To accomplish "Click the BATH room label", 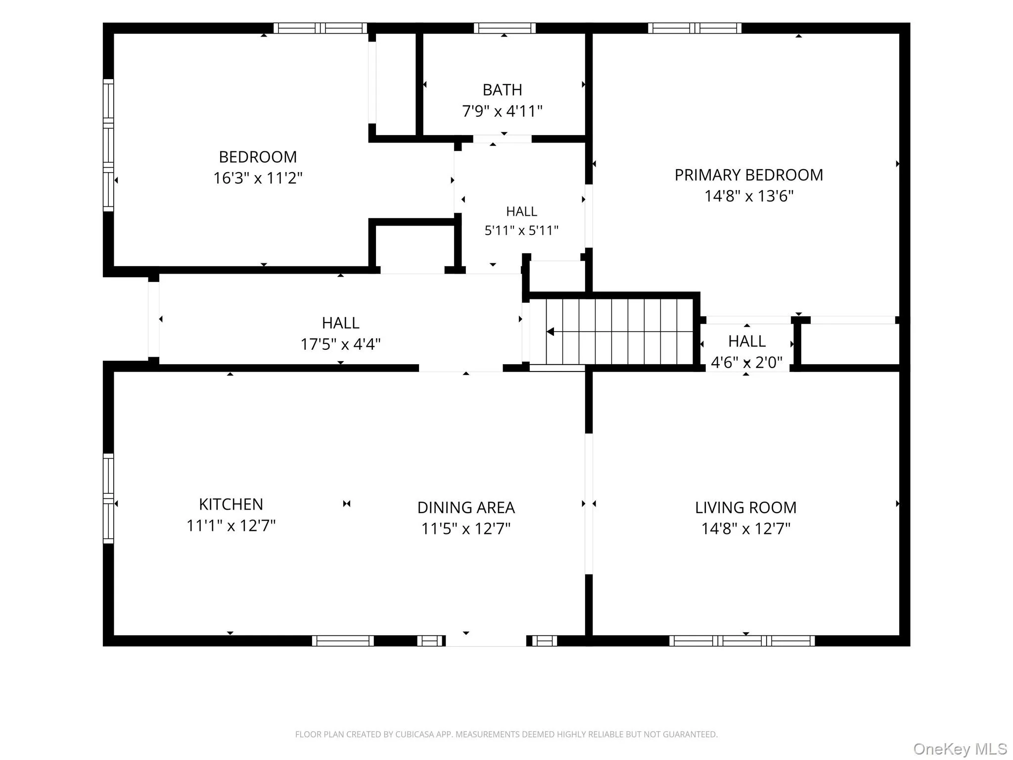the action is click(502, 90).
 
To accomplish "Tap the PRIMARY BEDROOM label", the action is click(749, 175).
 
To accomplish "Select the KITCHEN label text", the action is click(231, 504).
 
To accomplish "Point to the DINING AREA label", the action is click(466, 508).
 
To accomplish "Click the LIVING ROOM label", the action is click(746, 508).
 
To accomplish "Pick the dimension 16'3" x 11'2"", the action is click(258, 178).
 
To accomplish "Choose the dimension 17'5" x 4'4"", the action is click(341, 344).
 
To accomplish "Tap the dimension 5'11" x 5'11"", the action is click(521, 231).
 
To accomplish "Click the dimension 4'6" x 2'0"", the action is click(747, 363).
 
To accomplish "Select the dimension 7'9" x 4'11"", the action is click(502, 111).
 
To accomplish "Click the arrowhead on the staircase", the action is click(550, 332).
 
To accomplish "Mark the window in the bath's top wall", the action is click(505, 28).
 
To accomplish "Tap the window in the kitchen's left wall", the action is click(108, 498).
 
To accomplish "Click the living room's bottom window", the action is click(742, 641).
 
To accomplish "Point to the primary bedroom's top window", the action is click(694, 28).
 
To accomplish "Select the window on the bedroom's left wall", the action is click(108, 145).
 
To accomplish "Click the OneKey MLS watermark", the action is click(960, 749).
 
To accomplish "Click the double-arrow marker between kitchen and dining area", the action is click(347, 504).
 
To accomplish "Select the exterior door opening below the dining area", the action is click(486, 641).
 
